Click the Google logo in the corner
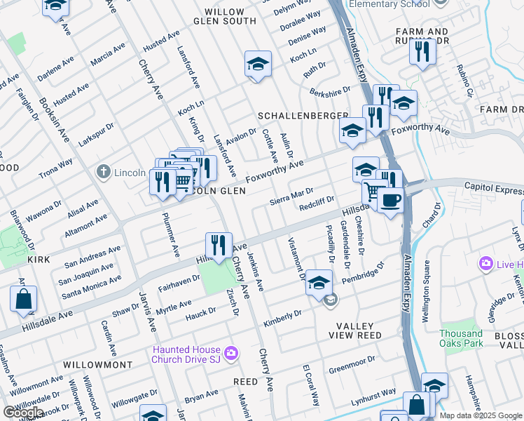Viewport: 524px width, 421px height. point(22,413)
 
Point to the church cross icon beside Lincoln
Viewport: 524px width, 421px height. point(103,172)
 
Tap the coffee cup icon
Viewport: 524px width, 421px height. point(389,201)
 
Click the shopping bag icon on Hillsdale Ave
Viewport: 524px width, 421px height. point(23,299)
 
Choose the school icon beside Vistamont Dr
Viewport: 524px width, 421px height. point(319,282)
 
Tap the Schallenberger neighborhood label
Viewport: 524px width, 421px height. point(303,115)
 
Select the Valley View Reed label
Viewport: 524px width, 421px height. point(359,330)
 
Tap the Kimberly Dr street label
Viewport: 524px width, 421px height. point(282,319)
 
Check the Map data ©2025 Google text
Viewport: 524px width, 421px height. point(481,415)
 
